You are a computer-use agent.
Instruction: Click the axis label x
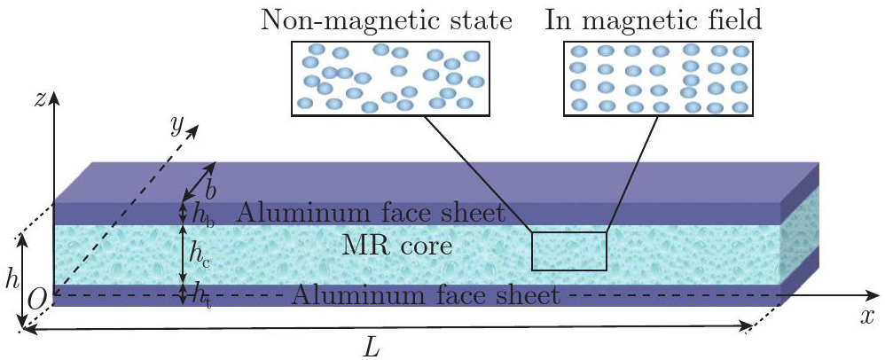(x=866, y=317)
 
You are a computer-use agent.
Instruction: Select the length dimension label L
(x=371, y=349)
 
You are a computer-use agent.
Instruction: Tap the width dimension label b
(x=210, y=191)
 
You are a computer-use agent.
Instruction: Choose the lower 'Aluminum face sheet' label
(x=427, y=295)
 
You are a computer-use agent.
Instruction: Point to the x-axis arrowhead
(x=872, y=295)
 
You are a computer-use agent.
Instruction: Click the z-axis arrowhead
(x=54, y=100)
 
